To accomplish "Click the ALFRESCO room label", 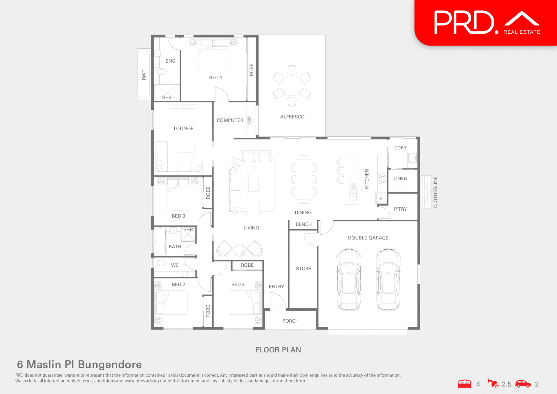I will [x=292, y=117].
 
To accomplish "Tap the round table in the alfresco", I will [x=292, y=86].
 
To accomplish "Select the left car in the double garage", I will [x=349, y=279].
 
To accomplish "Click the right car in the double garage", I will [x=388, y=279].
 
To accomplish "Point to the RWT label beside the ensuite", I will [x=144, y=75].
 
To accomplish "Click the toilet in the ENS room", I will [x=161, y=71].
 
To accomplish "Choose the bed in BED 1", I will [x=214, y=55].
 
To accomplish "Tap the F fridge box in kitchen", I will [x=381, y=198].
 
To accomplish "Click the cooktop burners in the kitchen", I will [x=382, y=179].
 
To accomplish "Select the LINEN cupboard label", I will [x=400, y=178].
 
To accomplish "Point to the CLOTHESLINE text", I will [x=435, y=192].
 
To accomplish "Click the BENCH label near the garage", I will [x=303, y=224].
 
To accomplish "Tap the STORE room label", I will [x=303, y=269].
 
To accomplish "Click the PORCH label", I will [x=290, y=321].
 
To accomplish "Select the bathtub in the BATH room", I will [x=160, y=241].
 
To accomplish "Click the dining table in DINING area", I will [x=304, y=179].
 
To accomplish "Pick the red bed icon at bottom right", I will [x=464, y=384].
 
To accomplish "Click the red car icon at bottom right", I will [x=523, y=384].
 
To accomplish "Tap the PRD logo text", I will [x=464, y=23].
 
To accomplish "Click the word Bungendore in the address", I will [x=110, y=364].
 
